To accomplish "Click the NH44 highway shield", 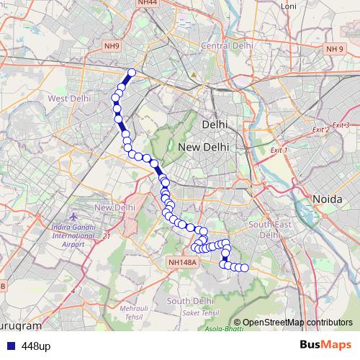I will click(x=147, y=4).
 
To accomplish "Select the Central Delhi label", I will click(x=228, y=45).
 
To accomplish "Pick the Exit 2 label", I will click(x=321, y=130).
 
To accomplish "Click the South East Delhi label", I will click(x=264, y=230).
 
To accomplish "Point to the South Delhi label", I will click(x=188, y=300).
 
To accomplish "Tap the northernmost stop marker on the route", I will click(x=132, y=72).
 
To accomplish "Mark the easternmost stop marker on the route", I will click(x=244, y=268).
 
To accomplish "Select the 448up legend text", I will click(x=36, y=346).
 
